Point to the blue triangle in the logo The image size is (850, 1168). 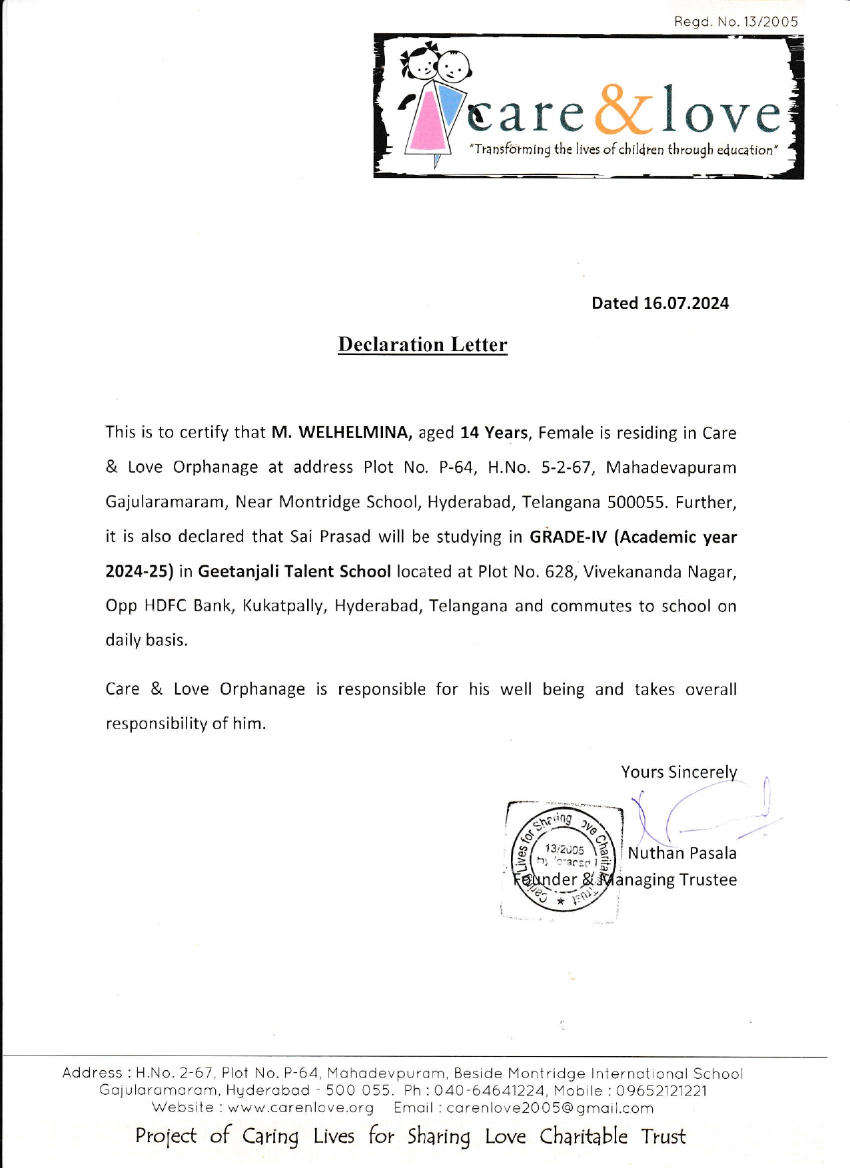(452, 107)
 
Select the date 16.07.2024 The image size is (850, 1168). (685, 304)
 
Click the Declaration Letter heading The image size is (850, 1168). (422, 344)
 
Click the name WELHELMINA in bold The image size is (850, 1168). (353, 433)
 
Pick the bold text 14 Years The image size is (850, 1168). (494, 433)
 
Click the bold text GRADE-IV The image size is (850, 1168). (568, 537)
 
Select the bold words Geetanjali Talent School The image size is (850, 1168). (294, 571)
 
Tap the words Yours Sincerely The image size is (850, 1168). (679, 772)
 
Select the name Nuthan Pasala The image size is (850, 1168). (682, 853)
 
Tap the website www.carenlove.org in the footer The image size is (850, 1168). (300, 1107)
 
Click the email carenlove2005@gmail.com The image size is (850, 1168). (550, 1107)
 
